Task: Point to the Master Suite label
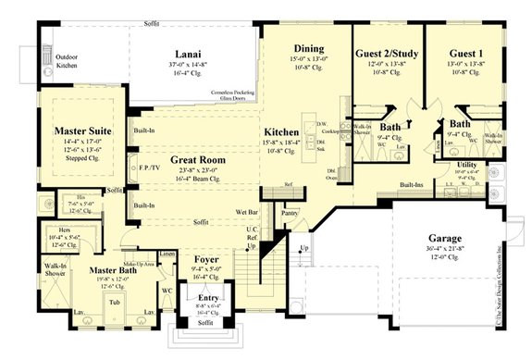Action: click(x=81, y=131)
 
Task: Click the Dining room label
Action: click(x=308, y=48)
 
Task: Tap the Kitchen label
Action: click(x=280, y=132)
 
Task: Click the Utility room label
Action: click(x=467, y=164)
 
